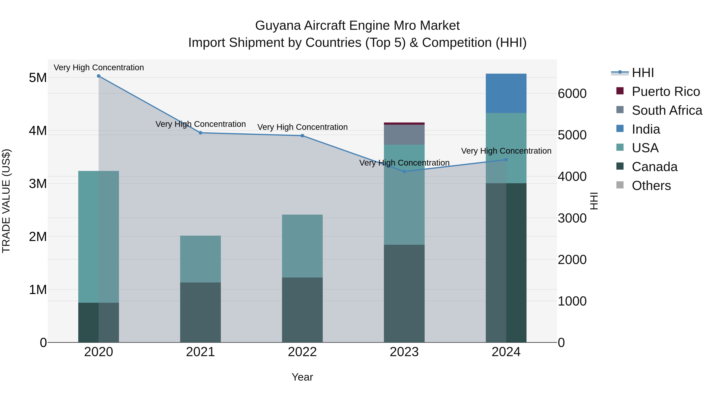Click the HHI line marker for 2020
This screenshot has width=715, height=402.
pos(99,76)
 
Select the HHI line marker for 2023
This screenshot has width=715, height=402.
pos(404,172)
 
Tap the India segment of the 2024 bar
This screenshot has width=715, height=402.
pos(506,93)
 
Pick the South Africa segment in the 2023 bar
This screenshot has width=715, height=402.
pos(404,135)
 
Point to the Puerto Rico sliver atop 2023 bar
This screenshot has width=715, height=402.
pos(404,123)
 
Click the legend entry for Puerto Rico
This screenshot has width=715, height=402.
pos(666,92)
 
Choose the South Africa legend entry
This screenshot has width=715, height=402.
pos(667,110)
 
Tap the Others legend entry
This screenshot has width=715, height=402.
pos(651,186)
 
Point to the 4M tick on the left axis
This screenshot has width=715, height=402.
pos(38,131)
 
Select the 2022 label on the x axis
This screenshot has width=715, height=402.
pos(302,352)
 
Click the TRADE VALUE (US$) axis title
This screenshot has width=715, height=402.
pos(6,201)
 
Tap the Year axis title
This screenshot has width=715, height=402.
pos(302,377)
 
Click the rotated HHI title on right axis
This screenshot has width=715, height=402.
pos(594,201)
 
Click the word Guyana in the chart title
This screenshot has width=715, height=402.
pos(278,26)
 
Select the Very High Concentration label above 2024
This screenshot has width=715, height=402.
pos(506,151)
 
